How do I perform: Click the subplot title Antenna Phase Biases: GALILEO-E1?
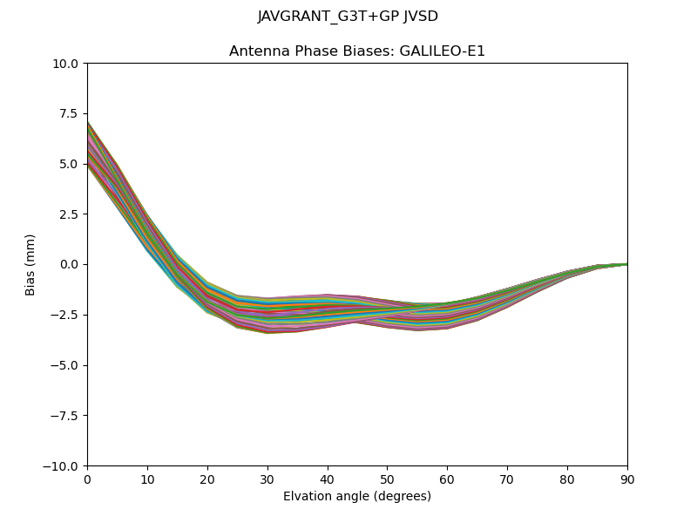point(357,51)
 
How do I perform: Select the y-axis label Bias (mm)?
point(30,264)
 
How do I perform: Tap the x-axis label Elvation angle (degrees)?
point(357,496)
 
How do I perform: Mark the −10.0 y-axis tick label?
point(64,465)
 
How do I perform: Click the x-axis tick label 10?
point(147,479)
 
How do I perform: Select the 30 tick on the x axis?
point(267,479)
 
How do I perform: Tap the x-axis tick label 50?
point(387,479)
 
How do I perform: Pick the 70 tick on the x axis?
point(507,479)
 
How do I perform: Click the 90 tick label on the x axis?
point(627,479)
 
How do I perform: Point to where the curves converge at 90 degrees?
point(626,264)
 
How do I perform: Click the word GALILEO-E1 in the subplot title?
point(443,51)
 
